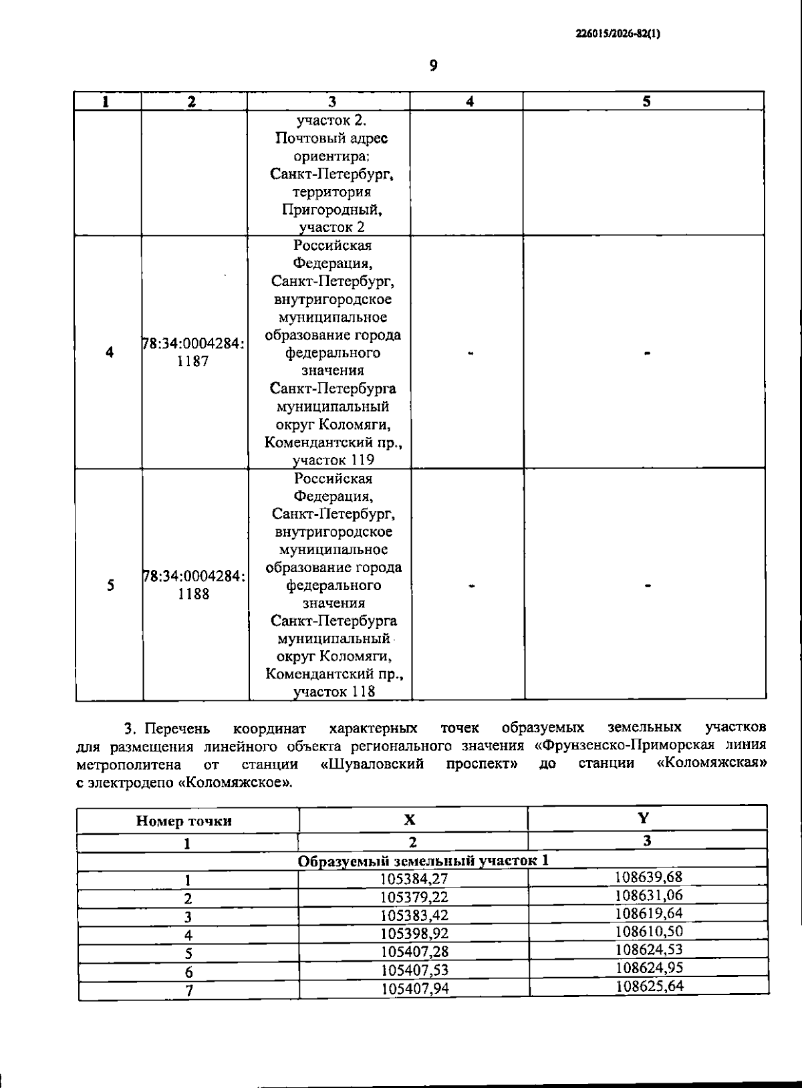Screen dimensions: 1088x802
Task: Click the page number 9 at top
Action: point(433,65)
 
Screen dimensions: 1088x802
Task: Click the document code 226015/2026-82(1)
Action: point(618,34)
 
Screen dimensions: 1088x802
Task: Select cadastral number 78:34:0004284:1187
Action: point(193,352)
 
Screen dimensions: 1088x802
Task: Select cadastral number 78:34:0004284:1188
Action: point(193,585)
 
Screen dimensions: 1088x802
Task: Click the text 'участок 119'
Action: point(333,460)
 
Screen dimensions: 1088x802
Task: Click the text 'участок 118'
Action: point(334,692)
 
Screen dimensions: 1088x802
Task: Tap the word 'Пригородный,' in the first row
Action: point(331,210)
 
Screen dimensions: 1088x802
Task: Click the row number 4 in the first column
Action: point(110,352)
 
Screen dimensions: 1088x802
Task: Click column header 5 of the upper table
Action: point(646,101)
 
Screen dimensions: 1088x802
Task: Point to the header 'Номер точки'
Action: point(184,821)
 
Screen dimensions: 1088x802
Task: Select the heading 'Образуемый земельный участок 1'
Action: point(422,861)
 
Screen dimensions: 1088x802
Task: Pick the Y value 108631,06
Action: point(648,895)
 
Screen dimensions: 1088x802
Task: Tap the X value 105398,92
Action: point(414,934)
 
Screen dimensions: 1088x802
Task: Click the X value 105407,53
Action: point(414,970)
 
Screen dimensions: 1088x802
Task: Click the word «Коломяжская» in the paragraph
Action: point(711,763)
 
